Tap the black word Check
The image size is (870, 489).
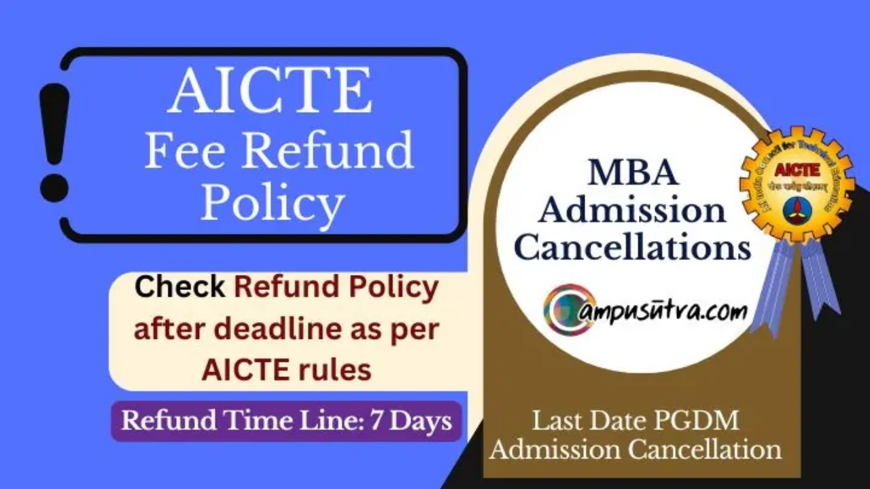(x=180, y=287)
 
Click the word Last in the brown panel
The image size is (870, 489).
(x=557, y=421)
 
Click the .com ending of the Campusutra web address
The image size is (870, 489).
(x=723, y=312)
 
